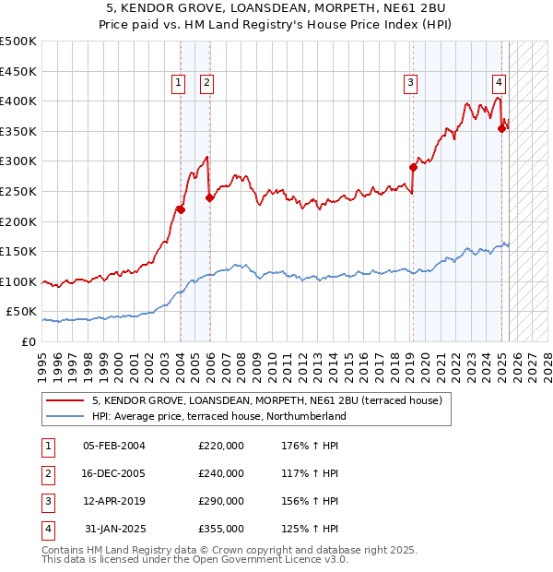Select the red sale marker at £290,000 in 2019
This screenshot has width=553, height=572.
point(414,167)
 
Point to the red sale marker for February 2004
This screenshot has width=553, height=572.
point(181,209)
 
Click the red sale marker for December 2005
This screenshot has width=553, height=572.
point(210,197)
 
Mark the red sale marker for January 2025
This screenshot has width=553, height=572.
point(502,128)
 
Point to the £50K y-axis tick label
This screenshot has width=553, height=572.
point(21,312)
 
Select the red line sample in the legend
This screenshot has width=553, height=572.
point(65,401)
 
